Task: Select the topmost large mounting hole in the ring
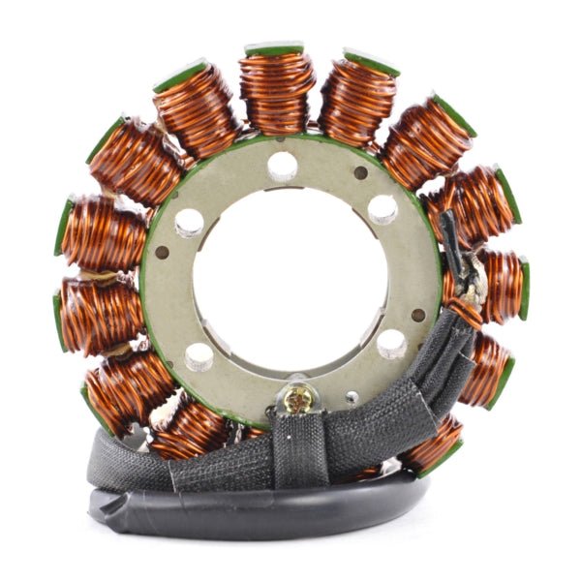click(x=283, y=166)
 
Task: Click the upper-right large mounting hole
click(x=382, y=209)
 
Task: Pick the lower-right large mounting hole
click(x=391, y=344)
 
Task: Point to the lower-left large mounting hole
click(x=200, y=357)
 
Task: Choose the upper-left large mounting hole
click(x=189, y=223)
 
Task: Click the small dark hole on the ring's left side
click(x=162, y=253)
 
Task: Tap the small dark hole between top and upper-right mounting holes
click(x=360, y=173)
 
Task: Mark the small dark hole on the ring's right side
click(x=418, y=315)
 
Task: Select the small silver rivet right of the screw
click(x=352, y=397)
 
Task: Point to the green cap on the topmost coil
click(x=274, y=48)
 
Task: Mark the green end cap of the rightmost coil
click(x=524, y=289)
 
